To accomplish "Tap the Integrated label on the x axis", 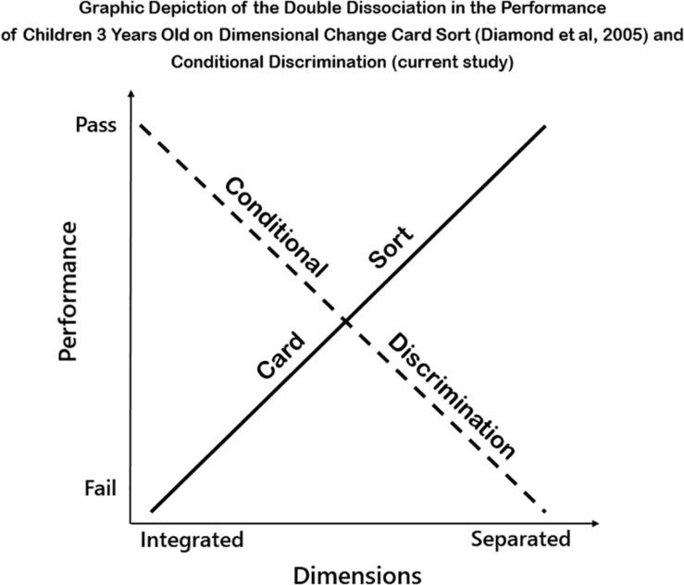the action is [x=192, y=540].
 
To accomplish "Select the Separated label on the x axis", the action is [x=520, y=540].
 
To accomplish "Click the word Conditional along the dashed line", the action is [x=276, y=226].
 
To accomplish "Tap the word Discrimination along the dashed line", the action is [x=450, y=396].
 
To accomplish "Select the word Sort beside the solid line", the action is [x=391, y=248].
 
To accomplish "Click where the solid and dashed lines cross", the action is [x=345, y=321].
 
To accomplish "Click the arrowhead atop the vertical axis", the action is [x=132, y=95].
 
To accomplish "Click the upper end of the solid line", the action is [x=544, y=124].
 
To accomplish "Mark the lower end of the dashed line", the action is [x=546, y=511].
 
